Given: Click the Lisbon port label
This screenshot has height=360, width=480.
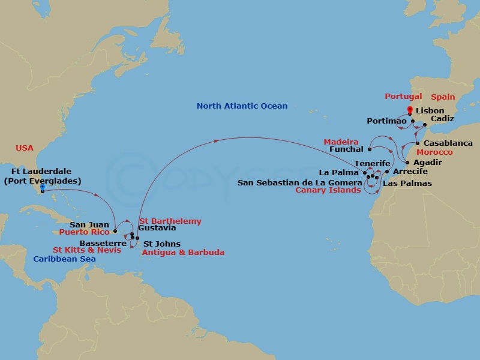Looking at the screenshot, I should coord(430,111).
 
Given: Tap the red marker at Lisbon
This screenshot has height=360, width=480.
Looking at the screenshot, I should coord(410,110).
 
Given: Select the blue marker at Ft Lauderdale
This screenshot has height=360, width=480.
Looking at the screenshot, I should coord(42,188).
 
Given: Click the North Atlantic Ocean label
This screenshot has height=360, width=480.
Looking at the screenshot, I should coord(242,106).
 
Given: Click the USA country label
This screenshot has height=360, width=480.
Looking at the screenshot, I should coord(25,148).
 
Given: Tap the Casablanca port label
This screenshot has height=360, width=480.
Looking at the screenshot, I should coord(448,143).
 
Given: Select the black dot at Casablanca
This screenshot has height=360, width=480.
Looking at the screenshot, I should coord(418,144).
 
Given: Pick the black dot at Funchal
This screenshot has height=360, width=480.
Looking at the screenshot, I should coord(370,149).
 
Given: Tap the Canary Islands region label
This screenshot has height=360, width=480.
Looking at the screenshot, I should coord(328,190).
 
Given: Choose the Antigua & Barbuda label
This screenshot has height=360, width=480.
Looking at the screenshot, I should coord(182,253).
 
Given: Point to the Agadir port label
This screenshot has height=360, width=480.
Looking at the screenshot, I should coord(428,163).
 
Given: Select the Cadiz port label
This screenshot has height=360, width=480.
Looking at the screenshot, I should coord(442,119).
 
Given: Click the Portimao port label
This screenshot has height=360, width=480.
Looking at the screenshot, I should coord(386,121).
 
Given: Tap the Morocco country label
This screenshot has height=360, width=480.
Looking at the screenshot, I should coord(436,152).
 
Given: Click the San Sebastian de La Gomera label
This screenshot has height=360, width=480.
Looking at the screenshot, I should coord(300,182).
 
